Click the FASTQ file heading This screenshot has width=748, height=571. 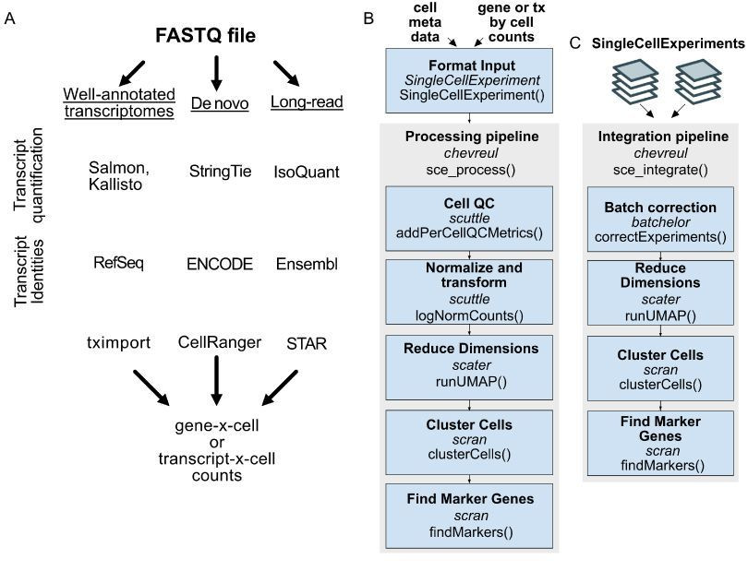206,36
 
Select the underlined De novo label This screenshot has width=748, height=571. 220,103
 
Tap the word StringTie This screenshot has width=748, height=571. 220,171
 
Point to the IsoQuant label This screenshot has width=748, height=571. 307,172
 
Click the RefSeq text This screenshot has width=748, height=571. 118,263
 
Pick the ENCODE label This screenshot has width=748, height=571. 220,264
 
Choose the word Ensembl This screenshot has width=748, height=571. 307,264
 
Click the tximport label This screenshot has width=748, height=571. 118,343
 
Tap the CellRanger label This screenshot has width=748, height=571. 220,342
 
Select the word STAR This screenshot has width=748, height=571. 307,343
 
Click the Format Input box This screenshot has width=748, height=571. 469,80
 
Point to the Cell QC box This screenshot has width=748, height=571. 469,219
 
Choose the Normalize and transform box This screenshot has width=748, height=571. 469,291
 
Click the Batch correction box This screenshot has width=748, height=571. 660,219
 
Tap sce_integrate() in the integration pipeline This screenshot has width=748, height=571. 660,170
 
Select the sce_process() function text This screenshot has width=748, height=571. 470,170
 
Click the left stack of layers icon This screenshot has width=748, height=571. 635,81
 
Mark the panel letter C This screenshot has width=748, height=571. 575,43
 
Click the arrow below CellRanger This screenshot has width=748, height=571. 217,381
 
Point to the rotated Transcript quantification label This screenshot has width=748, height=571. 28,175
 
